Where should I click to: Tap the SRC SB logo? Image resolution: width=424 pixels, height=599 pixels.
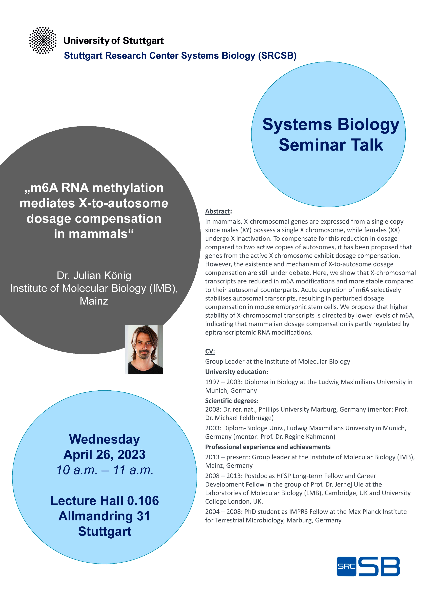point(368,566)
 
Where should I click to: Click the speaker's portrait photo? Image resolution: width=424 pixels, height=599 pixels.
point(144,349)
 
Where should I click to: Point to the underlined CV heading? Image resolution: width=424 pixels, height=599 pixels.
point(210,351)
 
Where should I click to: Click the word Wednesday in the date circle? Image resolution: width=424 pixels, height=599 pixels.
point(104,439)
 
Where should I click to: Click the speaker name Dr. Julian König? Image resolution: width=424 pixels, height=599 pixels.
point(94,276)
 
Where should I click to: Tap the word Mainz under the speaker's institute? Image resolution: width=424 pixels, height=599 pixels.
point(94,301)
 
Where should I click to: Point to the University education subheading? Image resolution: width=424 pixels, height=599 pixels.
point(237,372)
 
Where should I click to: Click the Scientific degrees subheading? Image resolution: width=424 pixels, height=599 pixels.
point(232,401)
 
